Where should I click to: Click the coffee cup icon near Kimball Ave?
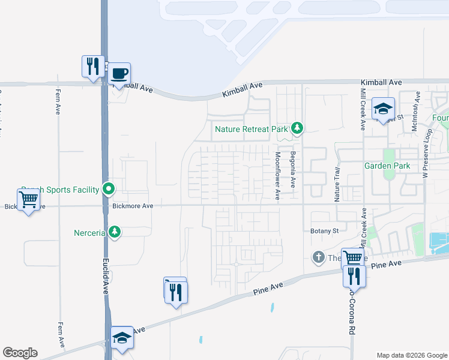tap(119, 74)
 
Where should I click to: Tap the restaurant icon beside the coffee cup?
tap(92, 65)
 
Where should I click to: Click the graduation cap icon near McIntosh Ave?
tap(383, 109)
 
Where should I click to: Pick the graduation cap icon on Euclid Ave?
tap(122, 338)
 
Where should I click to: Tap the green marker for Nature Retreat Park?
tap(297, 128)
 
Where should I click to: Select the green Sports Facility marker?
tap(109, 190)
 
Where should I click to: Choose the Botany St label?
tap(325, 230)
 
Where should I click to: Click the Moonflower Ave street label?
tap(278, 175)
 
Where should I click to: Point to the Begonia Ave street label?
tap(294, 170)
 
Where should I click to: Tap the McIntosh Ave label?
tap(414, 112)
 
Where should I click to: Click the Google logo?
tap(20, 353)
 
